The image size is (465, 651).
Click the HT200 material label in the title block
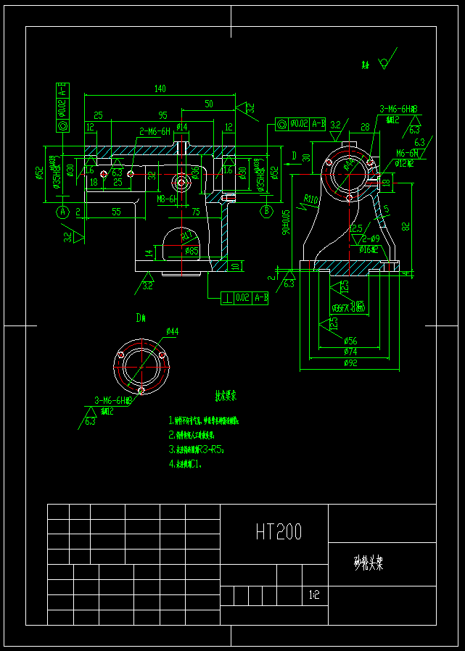279,533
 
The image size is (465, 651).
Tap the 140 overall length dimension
160,89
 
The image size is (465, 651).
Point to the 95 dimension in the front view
162,115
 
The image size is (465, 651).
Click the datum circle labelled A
62,212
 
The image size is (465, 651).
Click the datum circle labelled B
266,212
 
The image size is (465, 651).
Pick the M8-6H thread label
167,198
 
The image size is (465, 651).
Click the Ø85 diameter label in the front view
192,251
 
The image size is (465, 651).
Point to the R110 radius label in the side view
311,199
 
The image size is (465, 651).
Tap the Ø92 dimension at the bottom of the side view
350,362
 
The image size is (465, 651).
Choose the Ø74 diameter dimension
350,352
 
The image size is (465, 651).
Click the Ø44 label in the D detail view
172,332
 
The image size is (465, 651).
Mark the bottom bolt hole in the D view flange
141,390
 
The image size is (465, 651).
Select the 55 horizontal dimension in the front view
116,212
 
